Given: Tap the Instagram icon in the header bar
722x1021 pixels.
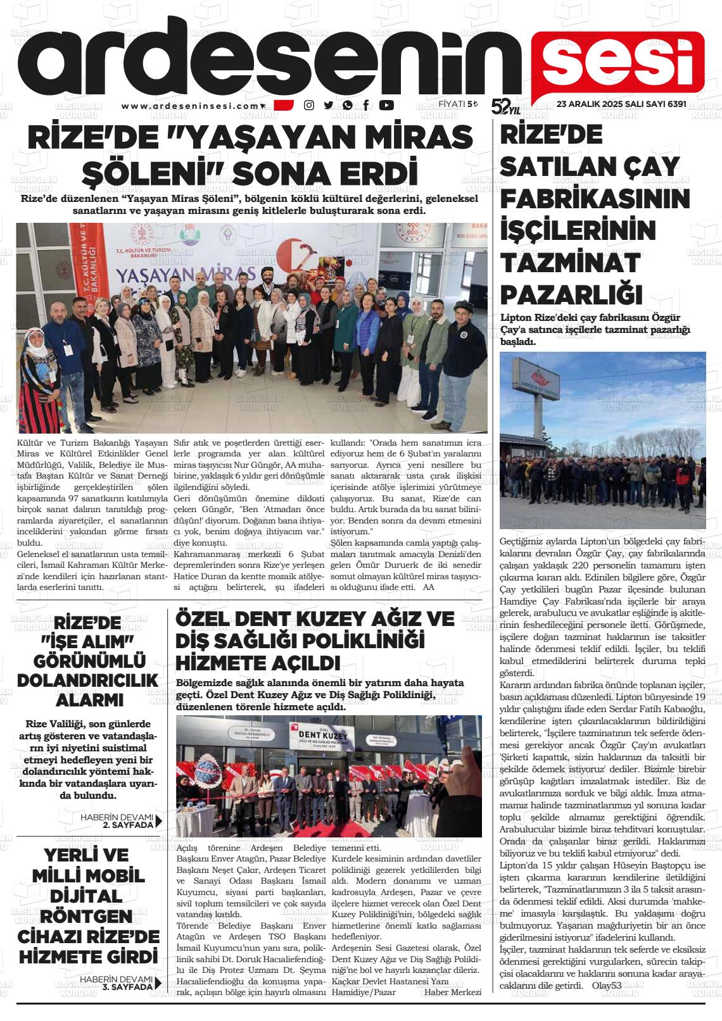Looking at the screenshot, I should coord(309,106).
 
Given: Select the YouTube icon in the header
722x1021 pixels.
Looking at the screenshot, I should coord(386,106).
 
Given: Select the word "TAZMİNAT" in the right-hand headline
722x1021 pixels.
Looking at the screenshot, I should coord(562,262).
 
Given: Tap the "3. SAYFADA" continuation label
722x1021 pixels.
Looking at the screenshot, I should coord(127,986).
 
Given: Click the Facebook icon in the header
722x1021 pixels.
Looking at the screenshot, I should coord(366,106).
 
